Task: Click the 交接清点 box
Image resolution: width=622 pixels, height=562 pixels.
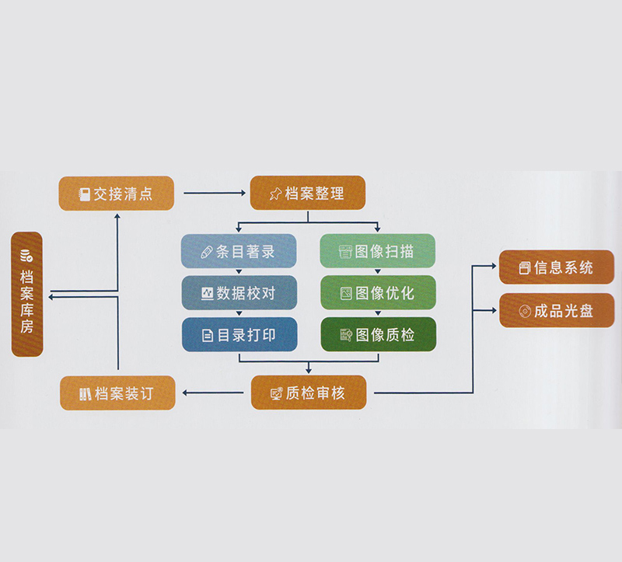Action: click(x=117, y=194)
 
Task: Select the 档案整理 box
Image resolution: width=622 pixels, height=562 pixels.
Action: click(x=307, y=194)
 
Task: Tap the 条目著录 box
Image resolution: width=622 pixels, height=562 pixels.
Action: click(x=239, y=251)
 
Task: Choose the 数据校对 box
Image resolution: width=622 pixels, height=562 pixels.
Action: click(x=239, y=293)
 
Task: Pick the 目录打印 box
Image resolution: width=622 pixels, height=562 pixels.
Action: click(x=239, y=335)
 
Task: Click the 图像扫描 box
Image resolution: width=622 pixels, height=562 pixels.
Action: click(x=378, y=251)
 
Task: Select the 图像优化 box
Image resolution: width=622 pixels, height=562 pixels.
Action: click(x=378, y=293)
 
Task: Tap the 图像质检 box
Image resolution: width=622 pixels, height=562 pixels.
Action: click(x=378, y=335)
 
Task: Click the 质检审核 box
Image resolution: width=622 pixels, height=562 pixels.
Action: click(x=308, y=393)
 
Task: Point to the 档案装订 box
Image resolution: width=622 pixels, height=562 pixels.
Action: click(x=117, y=393)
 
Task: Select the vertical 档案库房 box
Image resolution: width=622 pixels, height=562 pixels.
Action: click(x=27, y=294)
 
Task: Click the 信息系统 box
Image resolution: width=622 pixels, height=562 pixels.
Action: click(x=557, y=268)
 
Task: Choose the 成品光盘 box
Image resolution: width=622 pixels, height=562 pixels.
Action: click(x=557, y=311)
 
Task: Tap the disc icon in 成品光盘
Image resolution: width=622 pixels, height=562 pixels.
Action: click(x=525, y=311)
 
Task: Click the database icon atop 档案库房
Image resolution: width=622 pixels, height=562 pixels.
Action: click(x=27, y=254)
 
